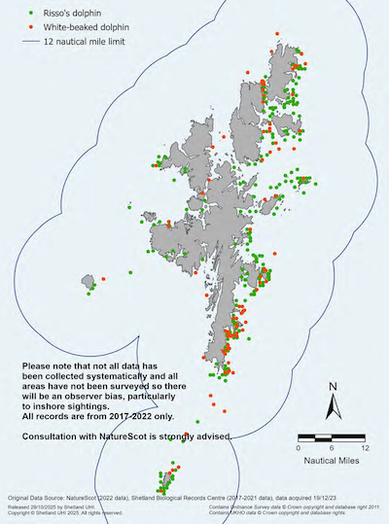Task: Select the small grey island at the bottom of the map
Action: [x=164, y=480]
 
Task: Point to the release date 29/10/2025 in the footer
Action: [x=49, y=507]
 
